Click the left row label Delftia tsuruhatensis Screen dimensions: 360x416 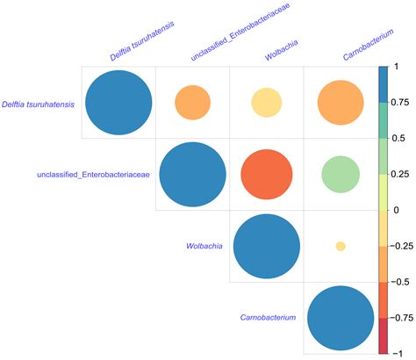[38, 104]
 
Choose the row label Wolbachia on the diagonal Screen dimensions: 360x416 [203, 247]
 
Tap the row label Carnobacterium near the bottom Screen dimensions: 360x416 [268, 317]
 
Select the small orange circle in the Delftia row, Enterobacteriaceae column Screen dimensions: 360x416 [192, 103]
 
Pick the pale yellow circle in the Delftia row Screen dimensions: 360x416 [265, 103]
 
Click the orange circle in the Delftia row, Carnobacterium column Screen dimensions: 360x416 [339, 103]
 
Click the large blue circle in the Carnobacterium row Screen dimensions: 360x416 [339, 318]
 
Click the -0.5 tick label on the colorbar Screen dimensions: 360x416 [402, 281]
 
